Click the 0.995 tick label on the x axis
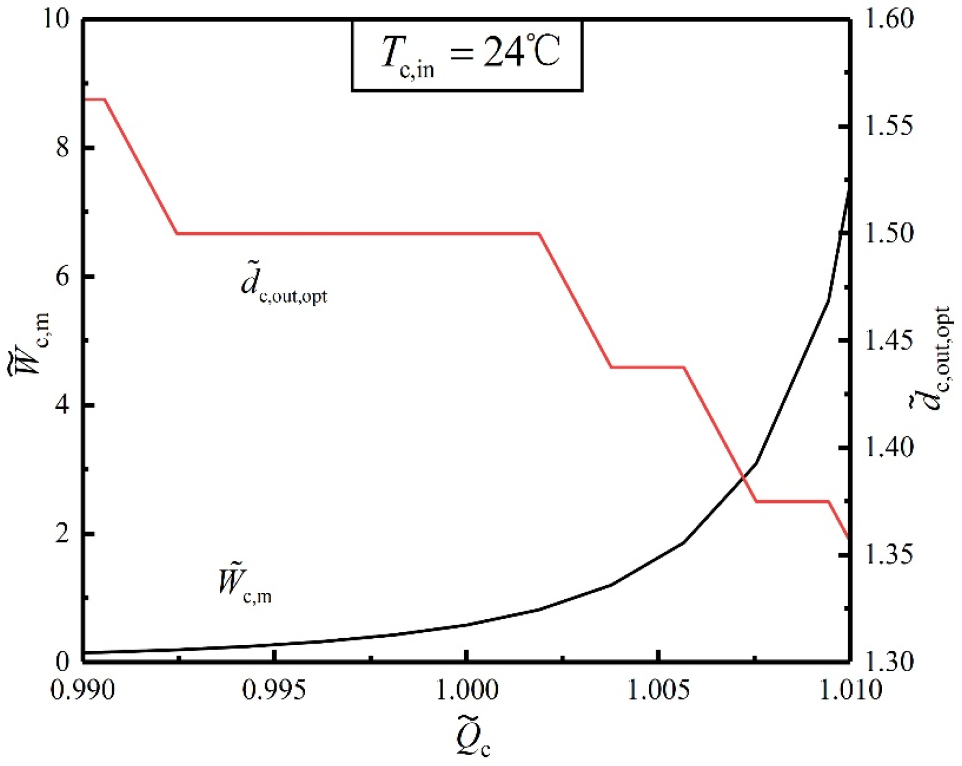pos(274,690)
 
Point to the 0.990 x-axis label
pos(83,690)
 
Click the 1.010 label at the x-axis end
pos(849,690)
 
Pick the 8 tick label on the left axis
pos(63,147)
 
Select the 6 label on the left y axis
pos(63,276)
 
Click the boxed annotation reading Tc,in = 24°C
pos(468,55)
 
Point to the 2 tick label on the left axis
pos(63,533)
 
